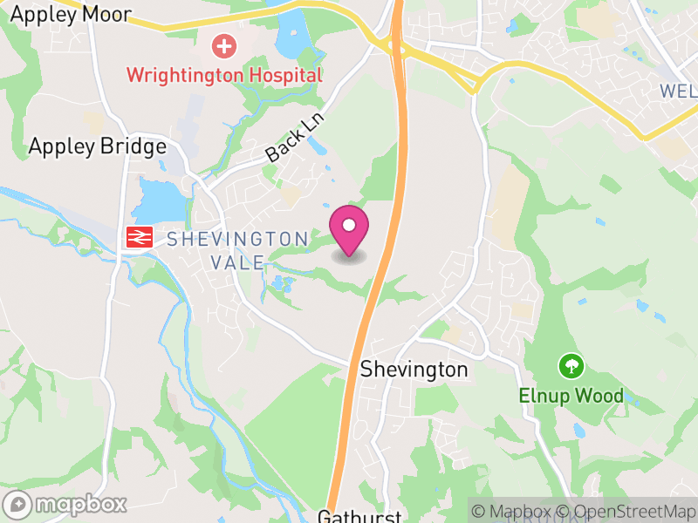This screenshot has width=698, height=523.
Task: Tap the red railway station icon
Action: coord(139,236)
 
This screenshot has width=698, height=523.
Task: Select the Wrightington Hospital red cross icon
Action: coord(224,44)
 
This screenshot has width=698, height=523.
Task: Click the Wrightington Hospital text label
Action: coord(224,75)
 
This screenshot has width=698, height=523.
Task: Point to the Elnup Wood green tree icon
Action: coord(571,364)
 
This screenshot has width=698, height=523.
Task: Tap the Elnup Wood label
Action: coord(571,397)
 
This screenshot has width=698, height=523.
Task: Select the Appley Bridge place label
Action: coord(97,146)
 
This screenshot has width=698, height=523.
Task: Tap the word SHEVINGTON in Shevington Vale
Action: coord(237,239)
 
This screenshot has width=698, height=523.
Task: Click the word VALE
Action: coord(237,262)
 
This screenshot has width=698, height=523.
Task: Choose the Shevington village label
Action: coord(414,370)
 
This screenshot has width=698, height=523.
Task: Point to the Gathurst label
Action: coord(359,516)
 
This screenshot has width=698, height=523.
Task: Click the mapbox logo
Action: coord(66,505)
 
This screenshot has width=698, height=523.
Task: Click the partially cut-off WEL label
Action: coord(679,91)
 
